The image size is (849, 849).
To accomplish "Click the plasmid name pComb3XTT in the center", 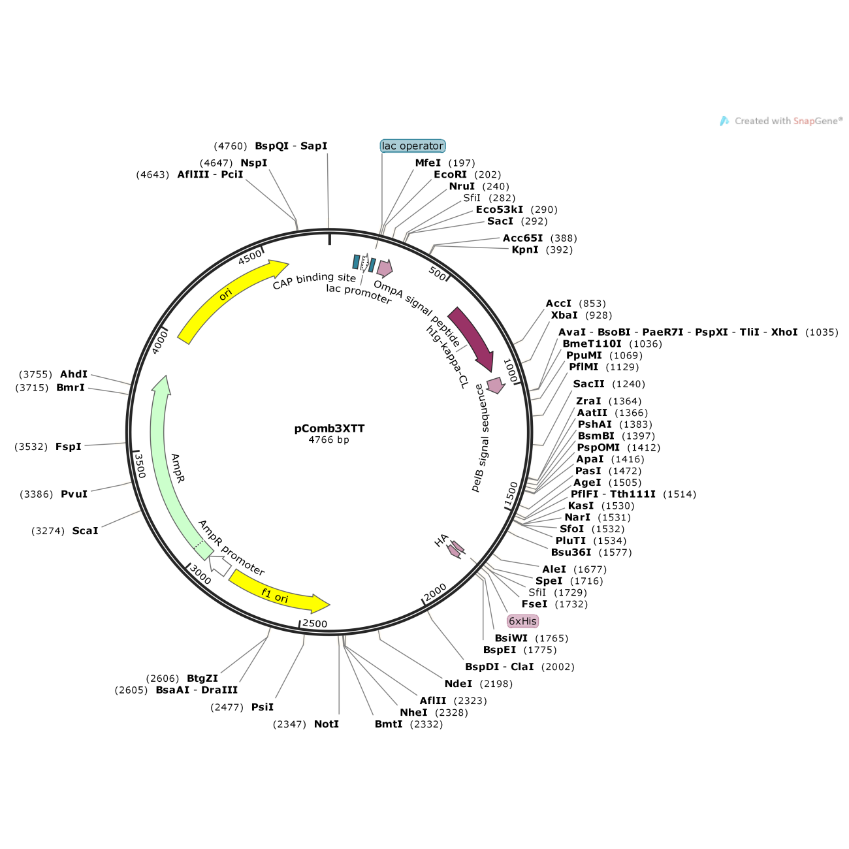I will [329, 428].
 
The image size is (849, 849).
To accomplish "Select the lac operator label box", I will [413, 146].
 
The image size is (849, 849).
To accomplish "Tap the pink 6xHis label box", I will [522, 621].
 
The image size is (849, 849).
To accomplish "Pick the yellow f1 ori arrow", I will [278, 594].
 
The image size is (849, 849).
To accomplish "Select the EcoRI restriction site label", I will [450, 174].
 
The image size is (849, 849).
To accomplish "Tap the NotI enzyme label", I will [326, 724].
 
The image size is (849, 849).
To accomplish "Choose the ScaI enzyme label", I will [85, 530].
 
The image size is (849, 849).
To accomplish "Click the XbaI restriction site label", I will [564, 315].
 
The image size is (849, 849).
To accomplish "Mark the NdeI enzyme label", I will [458, 683].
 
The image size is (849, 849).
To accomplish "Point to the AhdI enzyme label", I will [73, 374].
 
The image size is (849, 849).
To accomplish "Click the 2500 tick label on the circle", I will [315, 624].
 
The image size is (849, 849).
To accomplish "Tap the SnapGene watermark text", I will [788, 121].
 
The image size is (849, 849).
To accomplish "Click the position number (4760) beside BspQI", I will [231, 146].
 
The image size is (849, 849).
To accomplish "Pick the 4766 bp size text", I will [329, 440].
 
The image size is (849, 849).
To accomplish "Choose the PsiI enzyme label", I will [263, 707].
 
